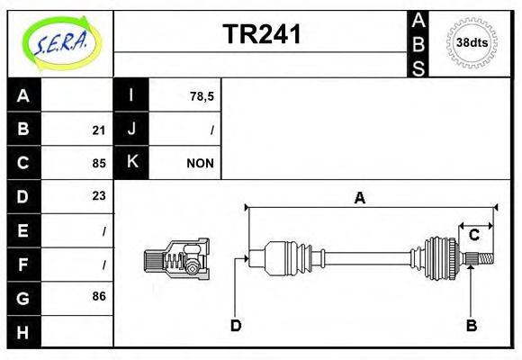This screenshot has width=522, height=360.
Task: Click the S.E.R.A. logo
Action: coord(58,42)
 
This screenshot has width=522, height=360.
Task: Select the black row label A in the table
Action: coord(23,95)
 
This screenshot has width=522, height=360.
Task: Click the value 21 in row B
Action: coord(98,130)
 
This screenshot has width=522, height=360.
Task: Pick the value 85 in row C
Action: coord(98,163)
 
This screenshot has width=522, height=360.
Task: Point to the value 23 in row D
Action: coord(98,196)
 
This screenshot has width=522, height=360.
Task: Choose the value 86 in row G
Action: coord(98,296)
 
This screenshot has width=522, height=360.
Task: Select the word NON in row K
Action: coord(200,163)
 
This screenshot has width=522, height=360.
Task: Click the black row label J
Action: coord(131,130)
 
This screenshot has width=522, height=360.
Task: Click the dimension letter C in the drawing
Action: coord(472,236)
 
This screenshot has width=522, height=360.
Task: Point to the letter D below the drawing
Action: coord(235,325)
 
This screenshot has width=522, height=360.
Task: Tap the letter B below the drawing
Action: coord(471,325)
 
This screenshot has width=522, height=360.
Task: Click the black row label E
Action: coord(23,230)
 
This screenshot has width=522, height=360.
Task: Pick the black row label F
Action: coord(23,264)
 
